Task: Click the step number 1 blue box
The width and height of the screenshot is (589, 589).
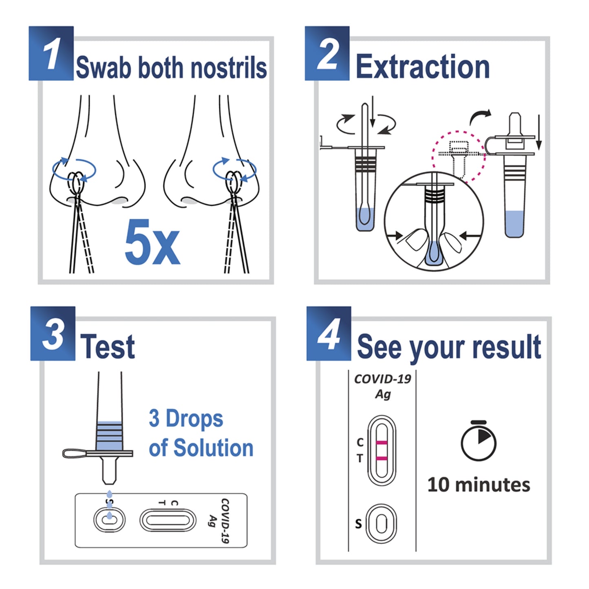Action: click(x=51, y=53)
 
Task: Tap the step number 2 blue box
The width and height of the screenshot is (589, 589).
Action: click(x=327, y=53)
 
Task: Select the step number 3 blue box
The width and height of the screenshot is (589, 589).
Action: click(x=53, y=333)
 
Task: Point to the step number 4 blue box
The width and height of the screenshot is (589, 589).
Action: click(x=329, y=333)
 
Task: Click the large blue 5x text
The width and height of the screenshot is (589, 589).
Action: click(x=152, y=243)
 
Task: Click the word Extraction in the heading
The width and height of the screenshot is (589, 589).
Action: click(x=422, y=67)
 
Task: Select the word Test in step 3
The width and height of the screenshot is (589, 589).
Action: click(x=107, y=347)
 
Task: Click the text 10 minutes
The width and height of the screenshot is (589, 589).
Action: click(x=479, y=485)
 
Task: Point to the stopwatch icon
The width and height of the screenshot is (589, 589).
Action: click(x=479, y=441)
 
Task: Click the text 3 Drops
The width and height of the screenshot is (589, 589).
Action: click(x=186, y=419)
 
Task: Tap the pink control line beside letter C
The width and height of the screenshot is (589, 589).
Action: click(x=382, y=443)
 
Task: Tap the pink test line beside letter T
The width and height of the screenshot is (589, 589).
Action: click(x=382, y=459)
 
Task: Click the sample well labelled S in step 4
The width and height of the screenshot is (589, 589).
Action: click(x=381, y=523)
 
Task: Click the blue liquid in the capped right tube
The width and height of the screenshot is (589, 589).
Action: click(x=514, y=223)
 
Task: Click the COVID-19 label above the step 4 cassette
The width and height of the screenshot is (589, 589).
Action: click(x=382, y=379)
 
